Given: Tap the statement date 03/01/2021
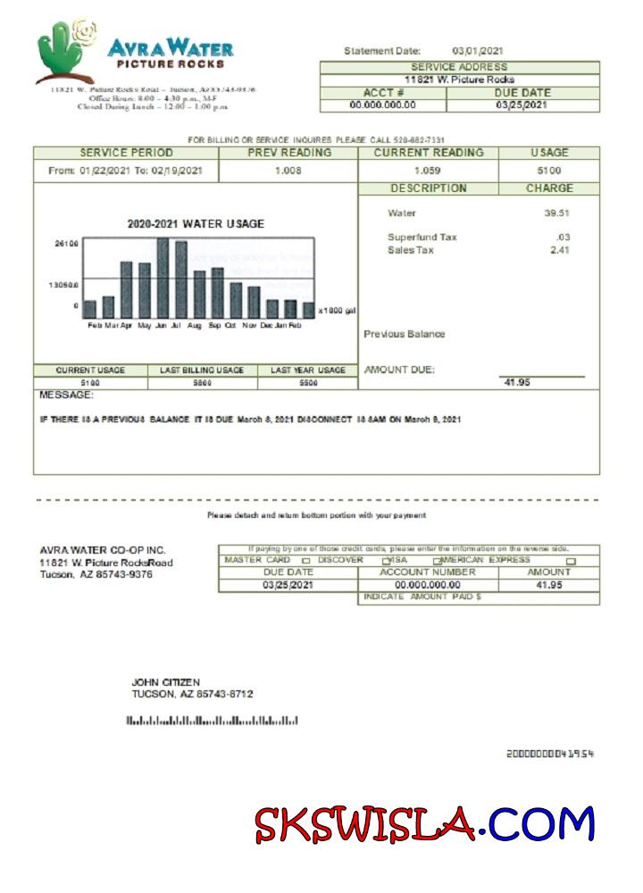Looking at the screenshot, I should tap(479, 51).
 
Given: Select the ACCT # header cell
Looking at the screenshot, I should tap(383, 93).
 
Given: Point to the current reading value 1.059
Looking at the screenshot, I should tap(428, 170).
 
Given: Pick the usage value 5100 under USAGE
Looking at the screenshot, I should tap(548, 170).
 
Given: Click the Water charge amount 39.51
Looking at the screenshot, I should tap(556, 213).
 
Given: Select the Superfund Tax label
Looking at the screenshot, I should tap(422, 238).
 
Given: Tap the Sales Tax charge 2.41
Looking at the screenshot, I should tap(559, 250).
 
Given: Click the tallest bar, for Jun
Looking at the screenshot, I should tap(163, 277).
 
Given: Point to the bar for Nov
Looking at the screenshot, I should tap(254, 301).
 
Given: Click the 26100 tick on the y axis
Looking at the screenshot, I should tap(66, 243).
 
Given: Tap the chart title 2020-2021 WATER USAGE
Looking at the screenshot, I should tap(195, 224).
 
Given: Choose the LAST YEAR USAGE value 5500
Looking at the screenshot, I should tap(307, 382).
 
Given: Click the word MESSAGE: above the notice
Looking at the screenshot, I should tap(66, 396).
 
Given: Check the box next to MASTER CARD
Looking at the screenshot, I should tap(306, 561).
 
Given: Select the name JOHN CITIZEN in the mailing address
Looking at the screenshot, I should tap(166, 682).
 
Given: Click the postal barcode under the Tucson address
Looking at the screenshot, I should tap(212, 721).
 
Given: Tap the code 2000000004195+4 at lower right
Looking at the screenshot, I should tap(549, 755).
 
